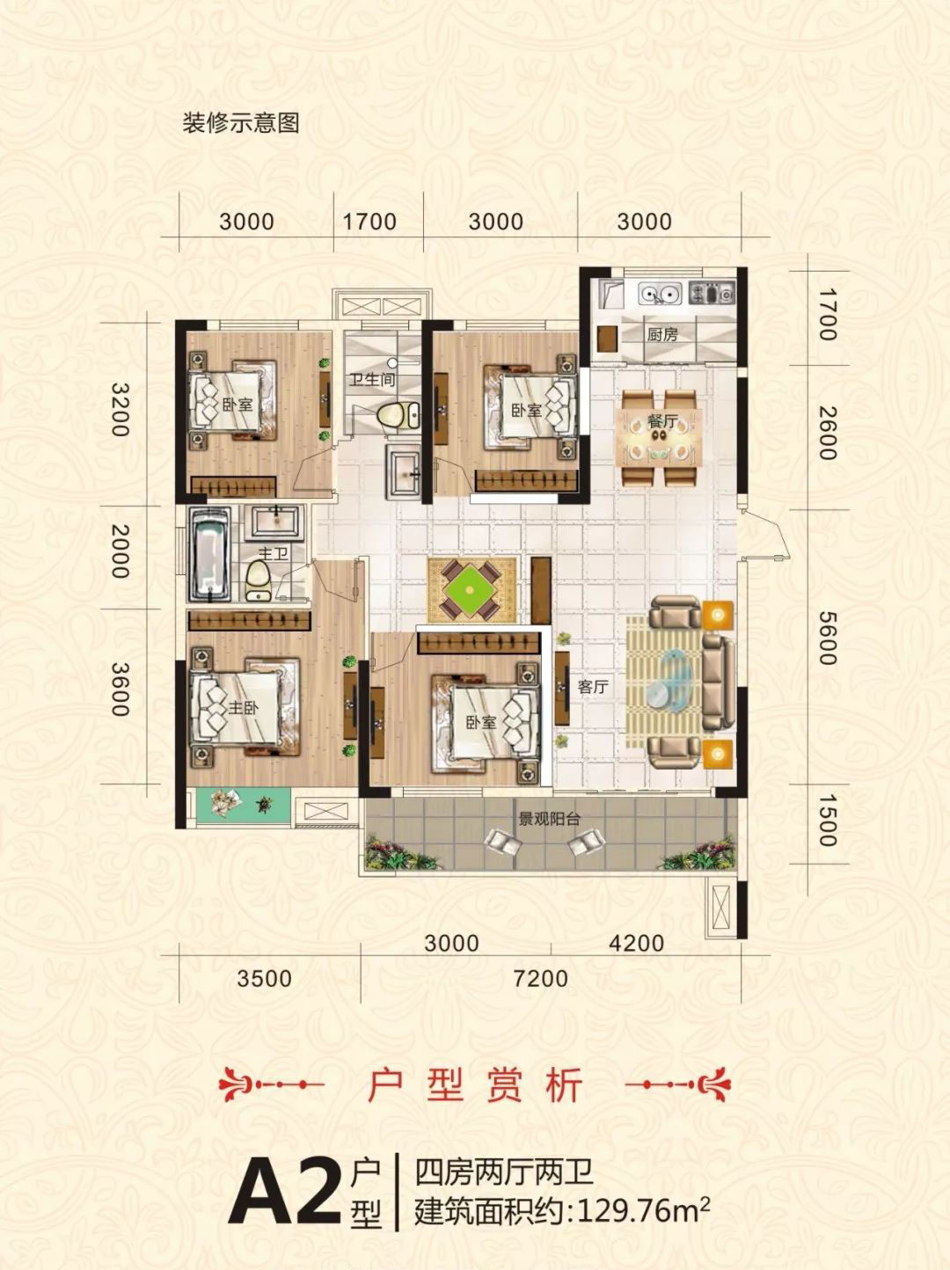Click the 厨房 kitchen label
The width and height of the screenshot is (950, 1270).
(662, 335)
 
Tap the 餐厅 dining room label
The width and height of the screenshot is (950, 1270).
(662, 422)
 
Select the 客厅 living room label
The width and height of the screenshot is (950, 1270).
(592, 687)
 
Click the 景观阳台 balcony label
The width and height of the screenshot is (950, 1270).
(549, 819)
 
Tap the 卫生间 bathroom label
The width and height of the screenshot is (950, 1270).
(371, 381)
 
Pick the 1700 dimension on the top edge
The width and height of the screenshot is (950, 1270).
(369, 222)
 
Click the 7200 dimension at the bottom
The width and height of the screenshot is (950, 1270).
(540, 978)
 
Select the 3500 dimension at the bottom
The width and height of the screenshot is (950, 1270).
(264, 978)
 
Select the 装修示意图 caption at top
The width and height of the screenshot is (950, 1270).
(241, 123)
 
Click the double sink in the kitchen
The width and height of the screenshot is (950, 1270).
(659, 293)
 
